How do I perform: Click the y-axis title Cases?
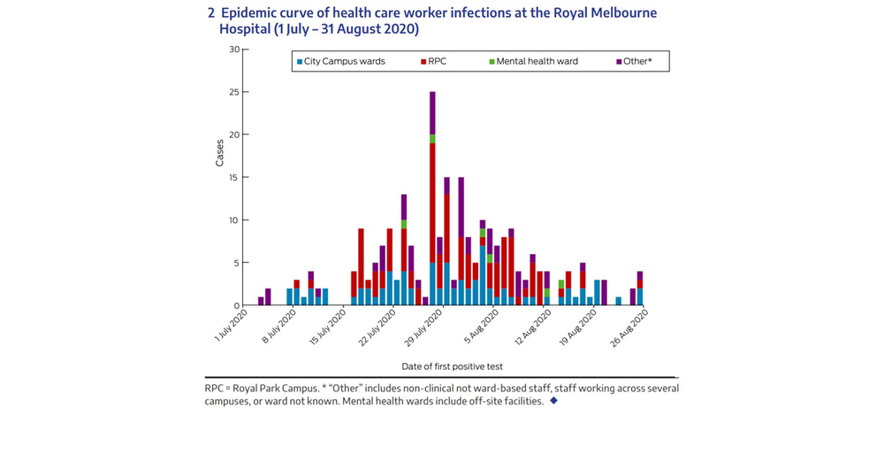[219, 153]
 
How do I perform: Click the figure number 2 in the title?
[210, 13]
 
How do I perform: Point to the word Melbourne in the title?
[627, 13]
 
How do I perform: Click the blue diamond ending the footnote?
[553, 401]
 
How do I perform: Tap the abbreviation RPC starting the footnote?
[214, 389]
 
